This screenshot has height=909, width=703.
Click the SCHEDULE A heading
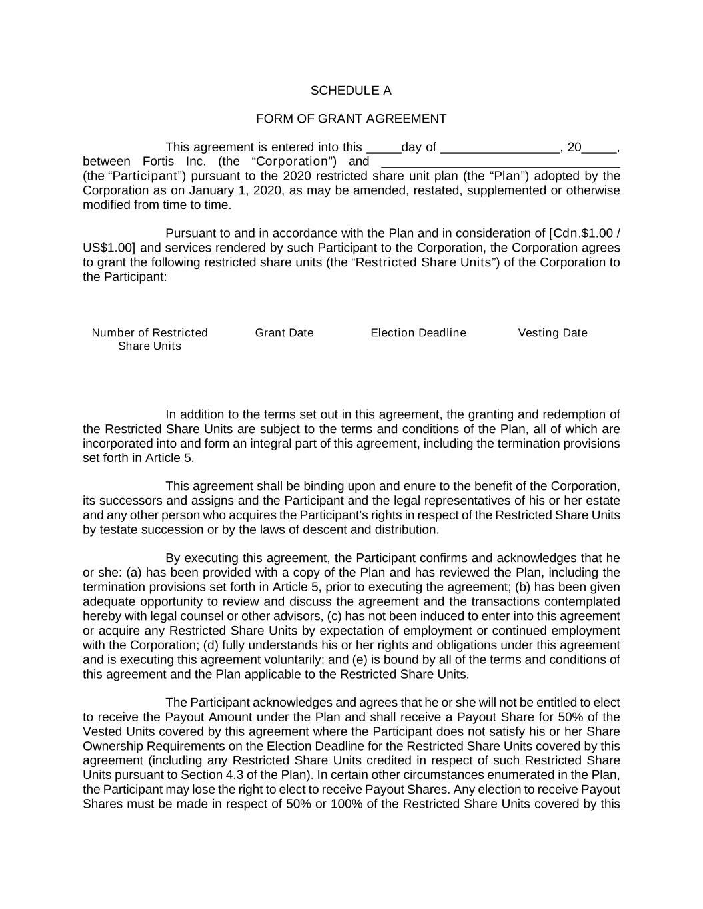[351, 91]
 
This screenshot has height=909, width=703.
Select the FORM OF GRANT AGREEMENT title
[351, 119]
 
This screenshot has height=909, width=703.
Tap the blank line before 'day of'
[383, 149]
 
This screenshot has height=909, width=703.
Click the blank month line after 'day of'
[500, 149]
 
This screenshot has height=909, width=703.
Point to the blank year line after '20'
[599, 149]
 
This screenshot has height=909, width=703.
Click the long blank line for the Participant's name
[500, 163]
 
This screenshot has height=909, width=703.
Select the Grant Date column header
[284, 333]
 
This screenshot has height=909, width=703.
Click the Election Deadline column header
[418, 333]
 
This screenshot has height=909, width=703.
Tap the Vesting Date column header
[552, 333]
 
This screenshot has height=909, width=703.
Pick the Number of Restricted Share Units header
[149, 339]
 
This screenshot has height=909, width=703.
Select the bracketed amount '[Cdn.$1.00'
[580, 234]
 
